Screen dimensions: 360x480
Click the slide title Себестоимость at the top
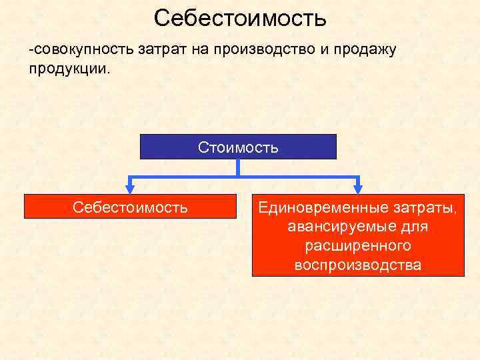pyautogui.click(x=239, y=18)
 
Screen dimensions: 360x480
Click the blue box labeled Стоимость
pyautogui.click(x=238, y=147)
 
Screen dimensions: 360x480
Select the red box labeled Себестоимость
pyautogui.click(x=130, y=207)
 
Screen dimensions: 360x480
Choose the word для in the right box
pyautogui.click(x=415, y=227)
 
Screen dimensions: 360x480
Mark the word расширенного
pyautogui.click(x=358, y=246)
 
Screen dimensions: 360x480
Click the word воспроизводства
pyautogui.click(x=358, y=265)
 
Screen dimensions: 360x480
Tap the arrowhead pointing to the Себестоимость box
pyautogui.click(x=129, y=189)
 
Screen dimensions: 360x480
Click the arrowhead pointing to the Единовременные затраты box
pyautogui.click(x=358, y=189)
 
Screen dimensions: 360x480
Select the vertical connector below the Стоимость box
pyautogui.click(x=238, y=167)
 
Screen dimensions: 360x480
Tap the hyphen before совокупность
pyautogui.click(x=31, y=51)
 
